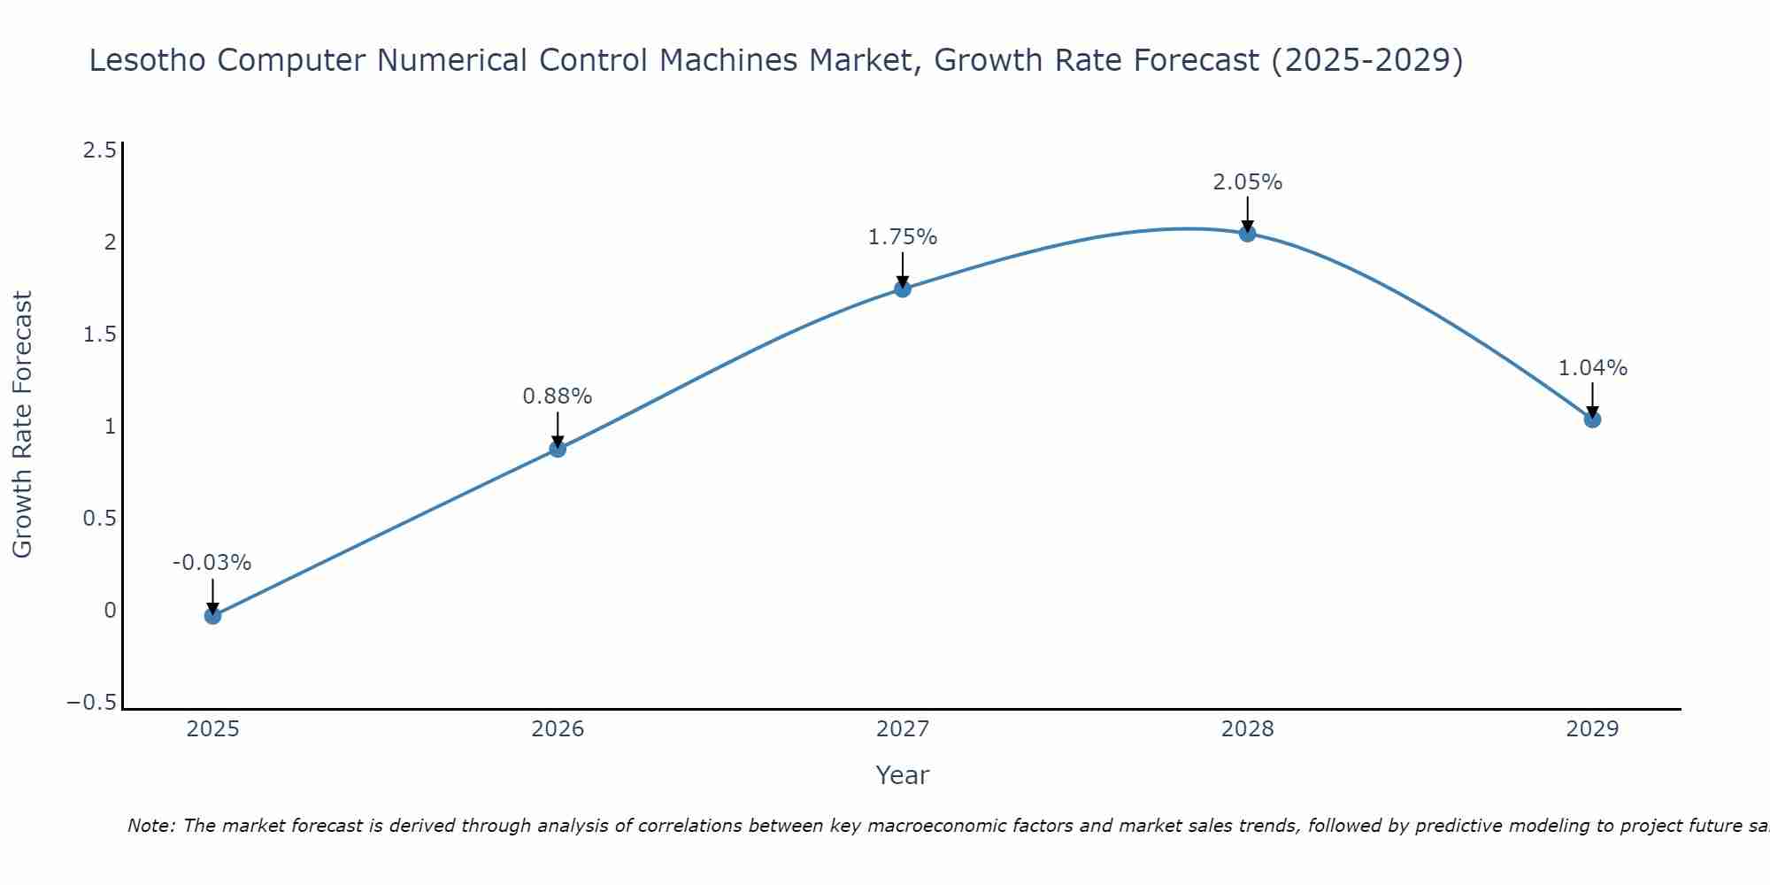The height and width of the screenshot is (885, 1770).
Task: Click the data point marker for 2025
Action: click(212, 615)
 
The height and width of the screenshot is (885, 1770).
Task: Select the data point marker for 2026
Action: click(558, 449)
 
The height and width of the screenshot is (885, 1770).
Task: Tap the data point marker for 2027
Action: click(903, 289)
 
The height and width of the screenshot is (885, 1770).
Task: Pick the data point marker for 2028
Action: click(1247, 234)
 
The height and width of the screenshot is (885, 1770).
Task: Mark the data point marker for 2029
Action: click(1592, 419)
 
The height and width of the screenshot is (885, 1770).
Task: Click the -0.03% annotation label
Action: click(212, 563)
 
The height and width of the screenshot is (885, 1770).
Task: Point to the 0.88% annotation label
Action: click(558, 396)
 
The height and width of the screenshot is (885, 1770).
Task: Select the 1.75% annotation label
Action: click(903, 237)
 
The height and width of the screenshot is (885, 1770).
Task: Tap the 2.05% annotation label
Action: click(1247, 182)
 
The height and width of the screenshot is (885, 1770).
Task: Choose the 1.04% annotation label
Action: click(1592, 368)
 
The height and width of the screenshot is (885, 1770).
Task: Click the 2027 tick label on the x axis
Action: click(903, 729)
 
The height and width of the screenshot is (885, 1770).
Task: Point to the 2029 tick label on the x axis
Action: click(1592, 729)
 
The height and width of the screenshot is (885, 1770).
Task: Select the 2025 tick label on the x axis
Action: click(212, 729)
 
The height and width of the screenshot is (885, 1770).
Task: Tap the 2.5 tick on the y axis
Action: click(99, 150)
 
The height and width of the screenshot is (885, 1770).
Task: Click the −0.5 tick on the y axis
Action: click(92, 703)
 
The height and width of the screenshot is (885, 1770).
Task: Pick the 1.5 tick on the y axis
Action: click(99, 335)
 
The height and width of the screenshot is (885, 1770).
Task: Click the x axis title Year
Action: click(903, 775)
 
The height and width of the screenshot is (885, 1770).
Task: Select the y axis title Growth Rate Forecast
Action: click(23, 424)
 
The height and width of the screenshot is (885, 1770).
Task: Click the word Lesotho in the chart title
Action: click(147, 60)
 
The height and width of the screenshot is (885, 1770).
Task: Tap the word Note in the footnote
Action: click(150, 826)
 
